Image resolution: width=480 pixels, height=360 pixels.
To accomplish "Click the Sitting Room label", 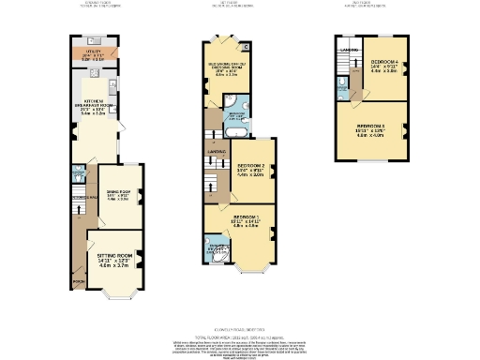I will (x=113, y=253).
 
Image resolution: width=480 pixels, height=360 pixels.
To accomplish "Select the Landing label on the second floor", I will (x=349, y=49).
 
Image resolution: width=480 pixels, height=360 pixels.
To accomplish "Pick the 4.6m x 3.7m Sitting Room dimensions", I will (x=113, y=267).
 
